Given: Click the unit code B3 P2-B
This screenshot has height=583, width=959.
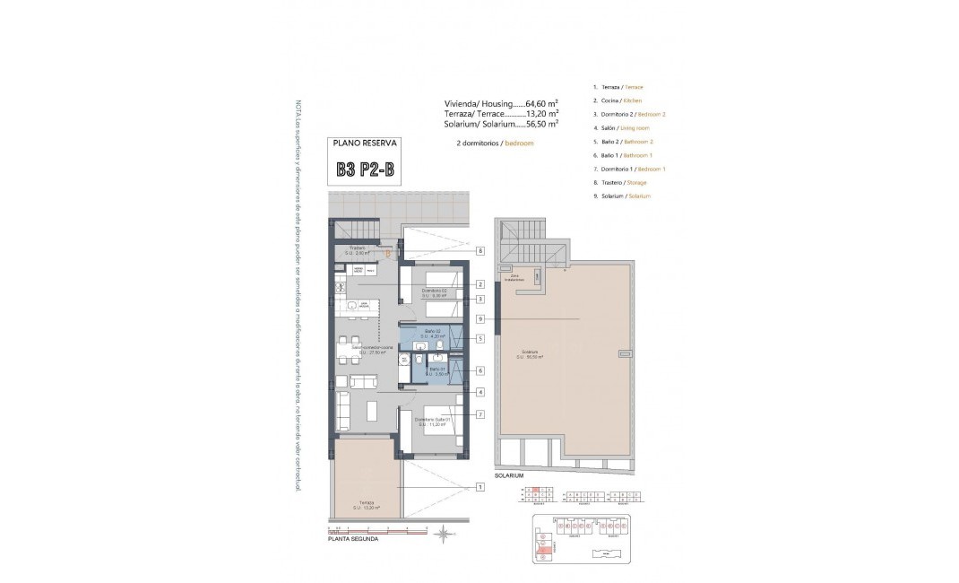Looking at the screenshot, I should pyautogui.click(x=364, y=170).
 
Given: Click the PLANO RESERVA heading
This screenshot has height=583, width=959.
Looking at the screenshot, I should pyautogui.click(x=364, y=143).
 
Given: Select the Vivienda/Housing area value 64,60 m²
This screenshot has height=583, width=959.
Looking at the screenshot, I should pyautogui.click(x=541, y=103).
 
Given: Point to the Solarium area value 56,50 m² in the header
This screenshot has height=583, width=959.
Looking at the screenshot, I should pyautogui.click(x=542, y=125).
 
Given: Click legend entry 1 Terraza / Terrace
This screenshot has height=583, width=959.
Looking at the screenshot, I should pyautogui.click(x=617, y=87).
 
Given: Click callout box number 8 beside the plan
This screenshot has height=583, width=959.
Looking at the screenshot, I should pyautogui.click(x=480, y=251).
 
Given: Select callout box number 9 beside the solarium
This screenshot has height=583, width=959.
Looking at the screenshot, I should pyautogui.click(x=480, y=318).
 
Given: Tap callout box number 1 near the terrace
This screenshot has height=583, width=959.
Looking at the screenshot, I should pyautogui.click(x=480, y=487).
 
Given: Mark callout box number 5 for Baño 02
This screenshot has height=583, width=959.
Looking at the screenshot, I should pyautogui.click(x=480, y=338).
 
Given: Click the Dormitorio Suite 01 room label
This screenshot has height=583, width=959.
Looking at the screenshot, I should pyautogui.click(x=432, y=420).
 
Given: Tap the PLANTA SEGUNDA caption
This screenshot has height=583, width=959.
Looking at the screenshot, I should pyautogui.click(x=352, y=540).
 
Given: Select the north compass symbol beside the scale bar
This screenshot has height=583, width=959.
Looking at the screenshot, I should pyautogui.click(x=443, y=535).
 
